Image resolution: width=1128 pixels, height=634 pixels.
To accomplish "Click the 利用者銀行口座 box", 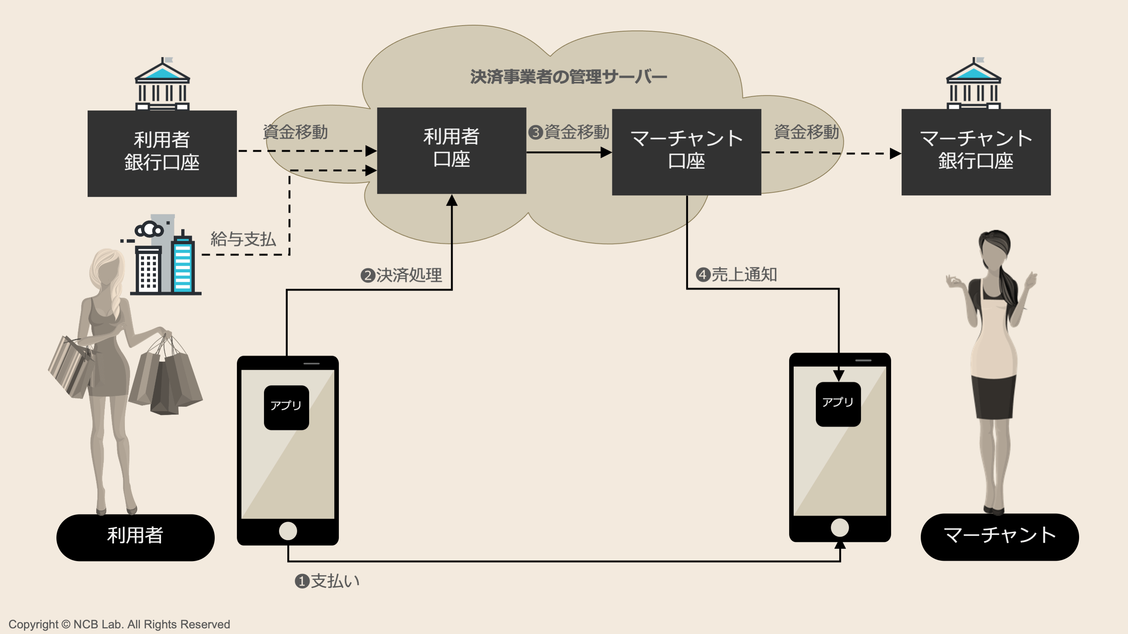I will point(162,153).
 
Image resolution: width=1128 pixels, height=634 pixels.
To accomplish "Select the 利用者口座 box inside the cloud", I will point(451,150).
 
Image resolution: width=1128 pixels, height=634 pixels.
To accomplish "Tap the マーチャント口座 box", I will point(686,152).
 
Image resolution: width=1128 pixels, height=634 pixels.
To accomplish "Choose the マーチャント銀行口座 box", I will point(976,152).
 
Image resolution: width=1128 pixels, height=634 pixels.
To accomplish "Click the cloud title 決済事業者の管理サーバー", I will point(568,77).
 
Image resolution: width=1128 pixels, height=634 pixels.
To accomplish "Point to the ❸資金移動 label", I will point(569,132).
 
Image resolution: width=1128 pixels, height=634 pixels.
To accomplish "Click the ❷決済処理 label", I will point(401,275).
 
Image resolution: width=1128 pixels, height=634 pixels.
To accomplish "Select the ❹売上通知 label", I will point(736,275).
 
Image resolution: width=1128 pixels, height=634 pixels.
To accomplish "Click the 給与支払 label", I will point(243,239).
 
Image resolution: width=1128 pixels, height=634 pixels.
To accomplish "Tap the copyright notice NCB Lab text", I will point(119,624).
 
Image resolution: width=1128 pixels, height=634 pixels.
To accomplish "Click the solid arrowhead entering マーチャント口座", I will point(606,152).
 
